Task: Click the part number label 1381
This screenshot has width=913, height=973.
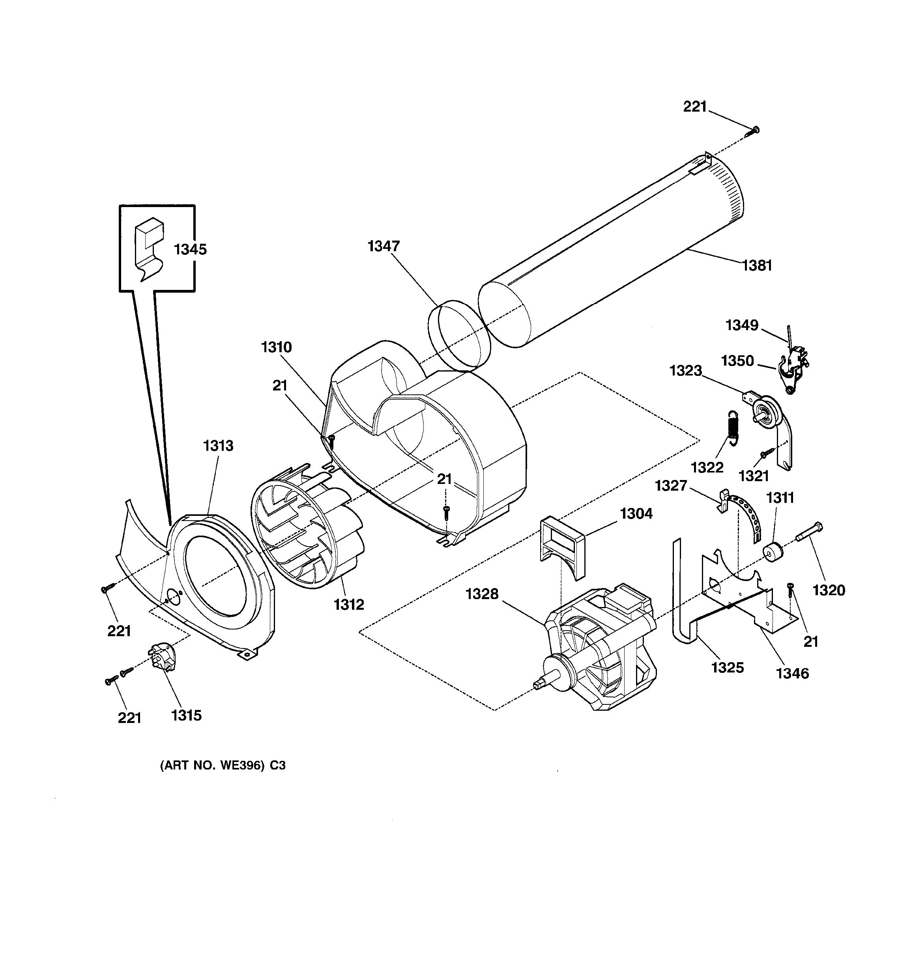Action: point(757,265)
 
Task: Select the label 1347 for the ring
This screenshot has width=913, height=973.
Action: point(384,246)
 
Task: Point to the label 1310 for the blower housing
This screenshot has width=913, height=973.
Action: point(276,347)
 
